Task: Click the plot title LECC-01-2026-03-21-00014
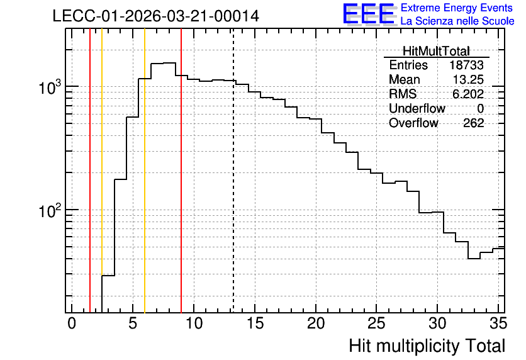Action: pos(156,16)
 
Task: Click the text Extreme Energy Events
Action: pos(457,8)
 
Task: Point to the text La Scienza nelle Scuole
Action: pos(457,21)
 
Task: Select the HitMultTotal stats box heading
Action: pos(436,51)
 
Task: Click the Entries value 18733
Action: pos(467,65)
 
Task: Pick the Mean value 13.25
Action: pos(468,79)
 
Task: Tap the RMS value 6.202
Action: pos(468,94)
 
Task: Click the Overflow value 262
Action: pos(474,123)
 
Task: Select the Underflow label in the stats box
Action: pos(417,108)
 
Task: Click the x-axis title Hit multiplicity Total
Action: pos(427,346)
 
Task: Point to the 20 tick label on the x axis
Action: pos(316,323)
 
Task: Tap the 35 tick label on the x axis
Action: pos(498,323)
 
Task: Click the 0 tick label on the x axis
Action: pos(72,323)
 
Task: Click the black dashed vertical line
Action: pos(233,171)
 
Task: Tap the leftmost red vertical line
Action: pos(90,171)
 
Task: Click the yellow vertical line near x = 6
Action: pos(145,171)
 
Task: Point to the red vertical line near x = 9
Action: pos(181,171)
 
